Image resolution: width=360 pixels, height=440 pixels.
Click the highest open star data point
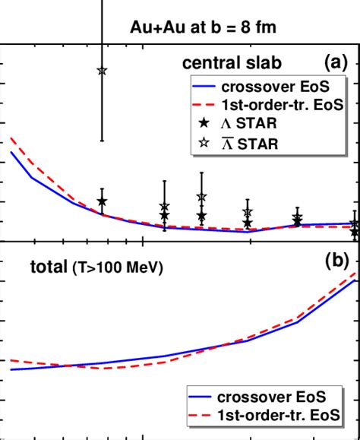tap(103, 71)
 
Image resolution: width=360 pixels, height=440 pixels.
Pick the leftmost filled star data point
tap(103, 201)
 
